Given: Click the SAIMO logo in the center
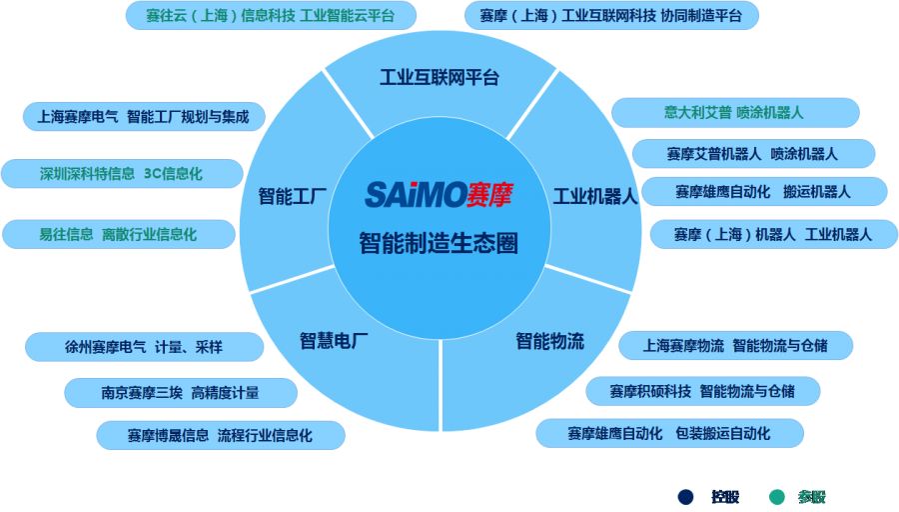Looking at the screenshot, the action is click(x=439, y=194).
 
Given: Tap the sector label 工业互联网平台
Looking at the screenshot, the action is click(x=440, y=77).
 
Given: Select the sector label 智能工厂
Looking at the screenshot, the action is click(x=293, y=196).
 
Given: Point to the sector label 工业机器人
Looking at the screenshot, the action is click(x=595, y=196).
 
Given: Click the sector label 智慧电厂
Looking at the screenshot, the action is click(x=334, y=341).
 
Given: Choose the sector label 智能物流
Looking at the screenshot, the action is click(x=549, y=341).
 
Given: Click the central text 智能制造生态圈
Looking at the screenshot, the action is click(x=439, y=243).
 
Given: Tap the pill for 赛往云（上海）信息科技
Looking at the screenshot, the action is click(x=271, y=15).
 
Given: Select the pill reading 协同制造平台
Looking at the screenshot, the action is click(x=611, y=15).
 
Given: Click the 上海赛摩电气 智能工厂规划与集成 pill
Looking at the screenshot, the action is click(x=144, y=117).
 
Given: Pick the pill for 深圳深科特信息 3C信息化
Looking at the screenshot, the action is click(x=122, y=173).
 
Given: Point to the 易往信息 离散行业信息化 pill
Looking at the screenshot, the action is click(x=119, y=234).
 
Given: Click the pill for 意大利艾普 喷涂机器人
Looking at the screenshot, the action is click(x=735, y=113).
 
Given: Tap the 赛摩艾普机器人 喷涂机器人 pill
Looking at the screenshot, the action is click(x=753, y=154).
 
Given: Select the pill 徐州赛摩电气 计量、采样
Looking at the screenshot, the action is click(x=144, y=347).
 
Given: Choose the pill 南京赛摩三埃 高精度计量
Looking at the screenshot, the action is click(x=181, y=393).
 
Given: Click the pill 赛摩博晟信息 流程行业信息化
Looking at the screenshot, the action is click(x=221, y=435).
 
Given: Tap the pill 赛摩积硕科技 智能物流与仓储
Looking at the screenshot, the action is click(x=703, y=391).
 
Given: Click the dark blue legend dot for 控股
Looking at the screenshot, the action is click(x=685, y=497).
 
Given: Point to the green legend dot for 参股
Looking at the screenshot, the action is click(x=776, y=497).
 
